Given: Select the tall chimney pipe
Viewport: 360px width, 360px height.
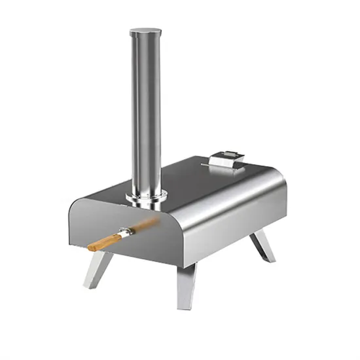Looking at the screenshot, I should tap(146, 111).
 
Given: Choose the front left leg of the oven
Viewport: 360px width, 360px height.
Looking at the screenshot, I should tap(97, 268).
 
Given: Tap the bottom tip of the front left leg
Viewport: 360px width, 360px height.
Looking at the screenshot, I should tap(88, 285).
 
